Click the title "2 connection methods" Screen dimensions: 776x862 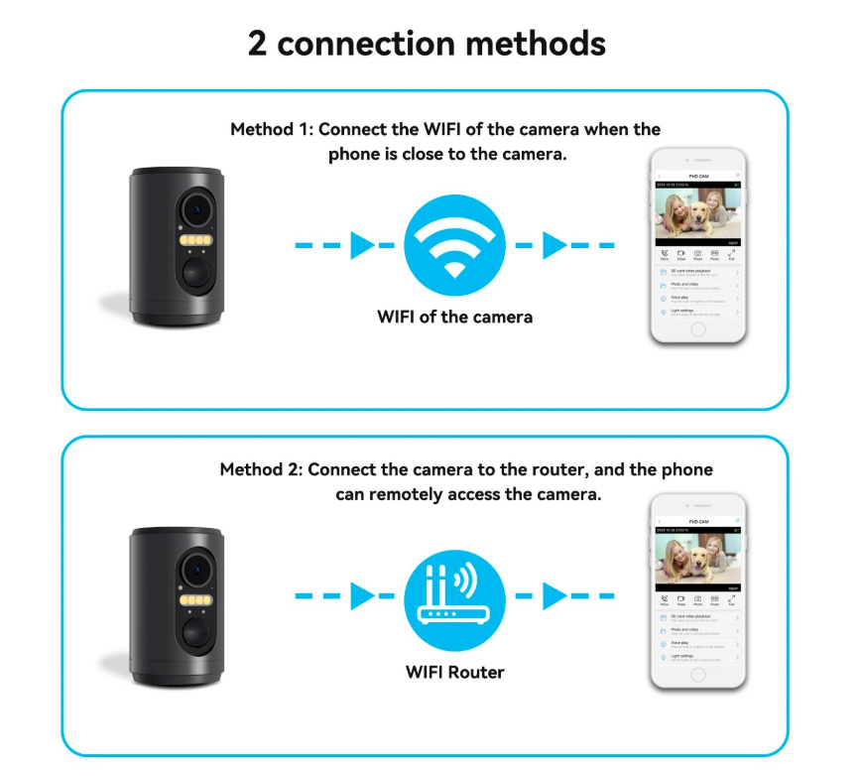click(427, 44)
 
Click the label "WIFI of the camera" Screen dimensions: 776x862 click(454, 318)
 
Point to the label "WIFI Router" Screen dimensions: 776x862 click(454, 672)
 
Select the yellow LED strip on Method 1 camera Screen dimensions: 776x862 click(197, 241)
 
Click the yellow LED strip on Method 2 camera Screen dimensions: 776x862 click(197, 599)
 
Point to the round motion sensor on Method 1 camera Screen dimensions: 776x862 click(196, 274)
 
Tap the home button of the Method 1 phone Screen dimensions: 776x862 click(697, 328)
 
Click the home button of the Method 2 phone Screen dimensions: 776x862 click(697, 675)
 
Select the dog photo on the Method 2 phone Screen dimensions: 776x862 click(697, 562)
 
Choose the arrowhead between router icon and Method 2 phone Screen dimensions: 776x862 click(554, 596)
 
